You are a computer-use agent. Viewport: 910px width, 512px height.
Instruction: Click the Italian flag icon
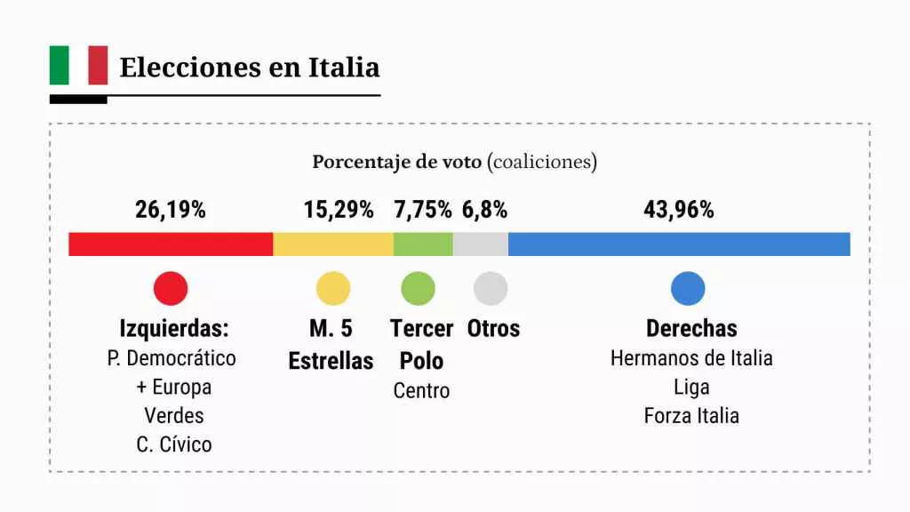[78, 66]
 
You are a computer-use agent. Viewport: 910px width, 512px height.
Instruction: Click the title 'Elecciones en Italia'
[249, 68]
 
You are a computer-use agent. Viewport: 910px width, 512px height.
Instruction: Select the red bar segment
[171, 244]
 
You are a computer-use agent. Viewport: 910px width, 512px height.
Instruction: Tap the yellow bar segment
[333, 244]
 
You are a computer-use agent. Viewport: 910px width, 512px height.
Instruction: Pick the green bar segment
[423, 244]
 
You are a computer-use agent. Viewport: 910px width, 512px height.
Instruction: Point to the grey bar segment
[481, 244]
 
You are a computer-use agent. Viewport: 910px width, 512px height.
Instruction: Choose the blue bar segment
[679, 244]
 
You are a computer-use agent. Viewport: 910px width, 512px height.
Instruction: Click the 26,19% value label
[171, 211]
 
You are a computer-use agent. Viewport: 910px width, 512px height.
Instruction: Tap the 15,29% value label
[339, 211]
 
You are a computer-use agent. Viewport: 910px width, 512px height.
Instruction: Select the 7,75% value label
[423, 211]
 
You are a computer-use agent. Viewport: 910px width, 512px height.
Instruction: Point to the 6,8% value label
[485, 211]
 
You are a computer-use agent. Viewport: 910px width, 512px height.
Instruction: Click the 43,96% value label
[679, 211]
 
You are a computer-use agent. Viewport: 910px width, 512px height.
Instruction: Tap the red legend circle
[171, 288]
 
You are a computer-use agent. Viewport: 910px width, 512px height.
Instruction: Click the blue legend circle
[688, 288]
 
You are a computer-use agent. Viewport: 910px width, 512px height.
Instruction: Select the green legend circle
[419, 288]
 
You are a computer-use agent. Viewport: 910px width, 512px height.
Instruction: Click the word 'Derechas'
[691, 328]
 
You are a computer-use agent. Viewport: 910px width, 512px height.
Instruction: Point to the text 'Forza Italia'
[691, 415]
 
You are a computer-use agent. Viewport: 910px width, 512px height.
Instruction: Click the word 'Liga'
[691, 387]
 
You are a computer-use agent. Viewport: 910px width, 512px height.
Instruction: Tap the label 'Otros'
[493, 328]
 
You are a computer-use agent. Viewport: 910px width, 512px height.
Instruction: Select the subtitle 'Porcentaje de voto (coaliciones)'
[454, 163]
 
